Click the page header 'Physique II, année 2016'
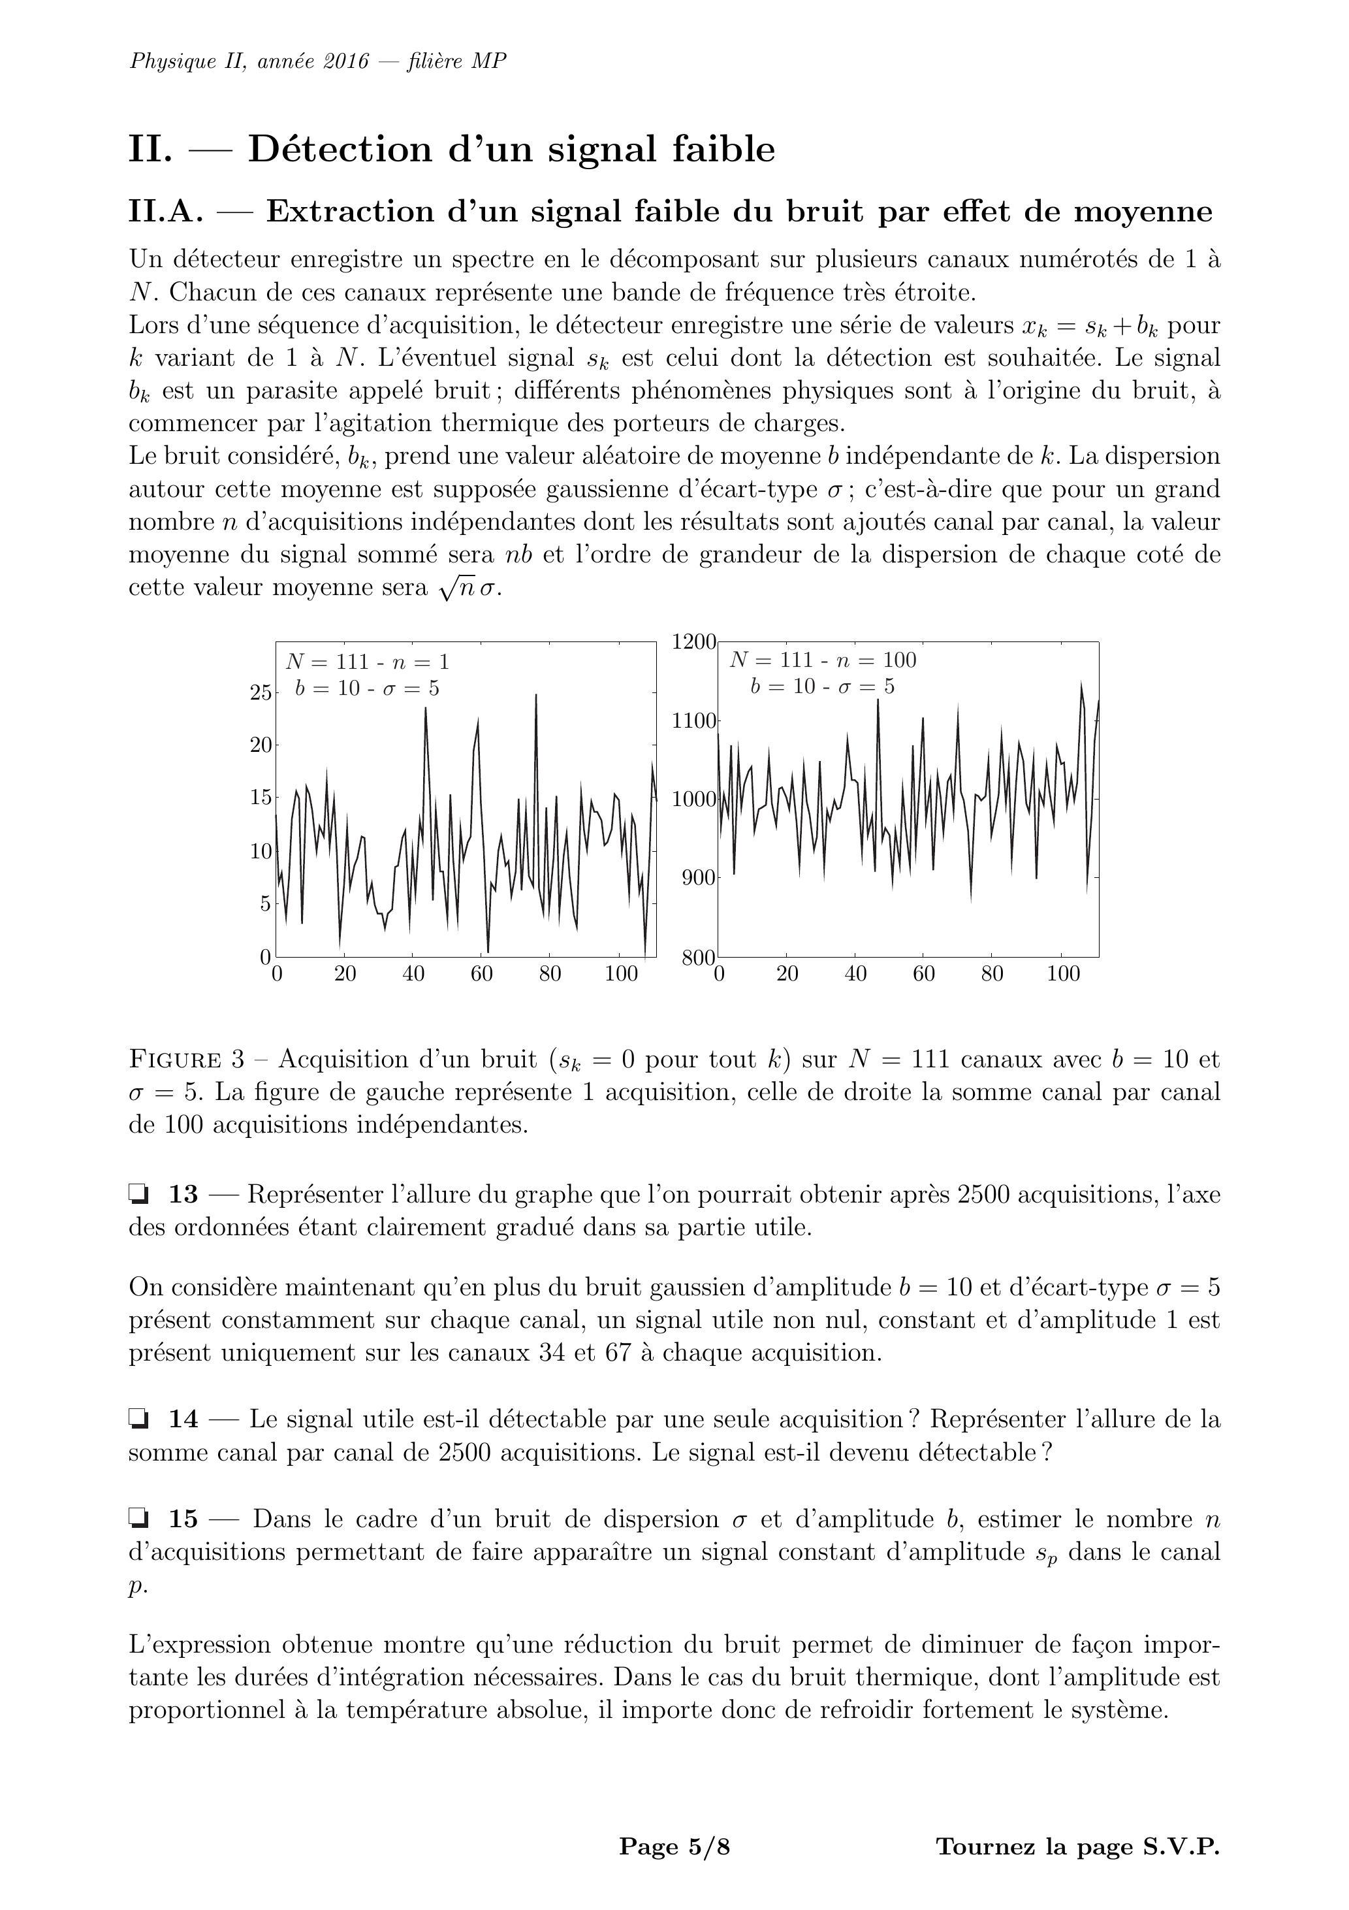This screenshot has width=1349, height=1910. point(248,61)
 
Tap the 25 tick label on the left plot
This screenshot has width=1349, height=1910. point(261,692)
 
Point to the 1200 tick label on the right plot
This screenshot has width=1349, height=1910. point(693,641)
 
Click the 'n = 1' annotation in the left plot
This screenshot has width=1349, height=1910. point(419,662)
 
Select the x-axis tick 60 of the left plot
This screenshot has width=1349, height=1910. point(481,974)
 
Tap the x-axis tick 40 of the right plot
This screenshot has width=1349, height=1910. point(855,974)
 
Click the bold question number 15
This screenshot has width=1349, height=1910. point(183,1520)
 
